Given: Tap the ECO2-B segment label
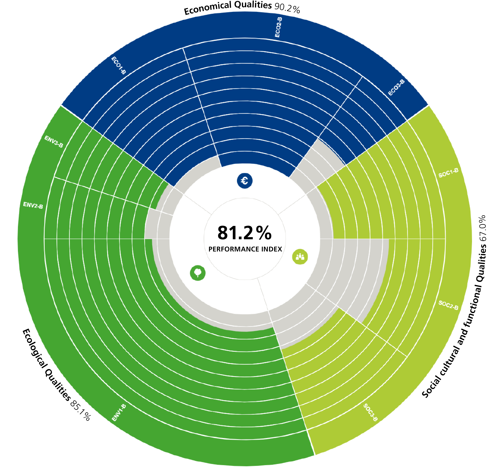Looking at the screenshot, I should pyautogui.click(x=278, y=27).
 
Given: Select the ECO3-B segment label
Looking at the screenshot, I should pyautogui.click(x=396, y=87).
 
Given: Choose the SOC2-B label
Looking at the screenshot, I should pyautogui.click(x=448, y=305).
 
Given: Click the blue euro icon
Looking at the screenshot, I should pyautogui.click(x=244, y=181).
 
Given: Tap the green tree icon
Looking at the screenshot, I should pyautogui.click(x=198, y=273).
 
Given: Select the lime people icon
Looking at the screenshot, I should pyautogui.click(x=300, y=257).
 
